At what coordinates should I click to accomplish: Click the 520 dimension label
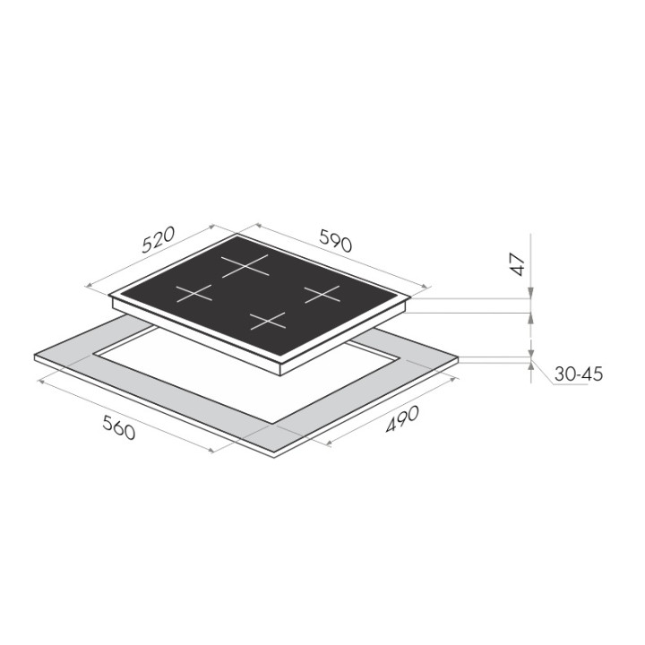tap(159, 239)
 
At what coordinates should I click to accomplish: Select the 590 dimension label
tap(336, 240)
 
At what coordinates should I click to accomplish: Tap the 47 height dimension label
tap(518, 264)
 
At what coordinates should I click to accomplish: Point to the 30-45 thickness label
tap(579, 374)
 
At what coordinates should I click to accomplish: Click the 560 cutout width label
tap(118, 427)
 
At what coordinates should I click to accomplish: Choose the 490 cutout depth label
tap(402, 418)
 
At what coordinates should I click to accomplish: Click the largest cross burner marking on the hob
tap(245, 265)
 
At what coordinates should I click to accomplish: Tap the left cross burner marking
tap(194, 293)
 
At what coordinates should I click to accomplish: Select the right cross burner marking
tap(322, 295)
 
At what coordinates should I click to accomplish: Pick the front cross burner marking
tap(268, 321)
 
